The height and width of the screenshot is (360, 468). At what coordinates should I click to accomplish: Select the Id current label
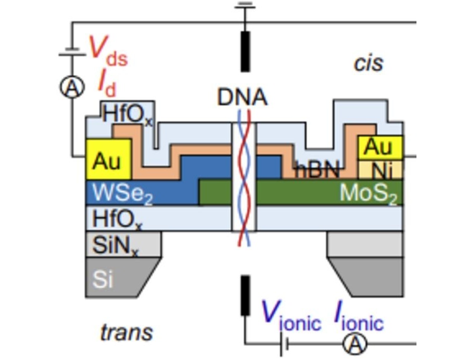pyautogui.click(x=107, y=82)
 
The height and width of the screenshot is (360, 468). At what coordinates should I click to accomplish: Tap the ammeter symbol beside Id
pyautogui.click(x=71, y=88)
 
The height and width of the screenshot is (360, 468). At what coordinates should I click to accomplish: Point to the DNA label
pyautogui.click(x=242, y=97)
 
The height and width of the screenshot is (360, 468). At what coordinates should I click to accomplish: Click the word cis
pyautogui.click(x=368, y=63)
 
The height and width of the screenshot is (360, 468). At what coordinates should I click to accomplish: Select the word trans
pyautogui.click(x=127, y=332)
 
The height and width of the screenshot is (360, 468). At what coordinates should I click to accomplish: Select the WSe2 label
pyautogui.click(x=122, y=194)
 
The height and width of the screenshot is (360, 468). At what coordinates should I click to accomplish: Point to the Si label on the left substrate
pyautogui.click(x=103, y=279)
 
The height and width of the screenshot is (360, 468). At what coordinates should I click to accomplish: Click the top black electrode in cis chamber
pyautogui.click(x=244, y=51)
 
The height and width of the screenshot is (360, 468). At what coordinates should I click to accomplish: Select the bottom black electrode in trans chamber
pyautogui.click(x=244, y=295)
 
